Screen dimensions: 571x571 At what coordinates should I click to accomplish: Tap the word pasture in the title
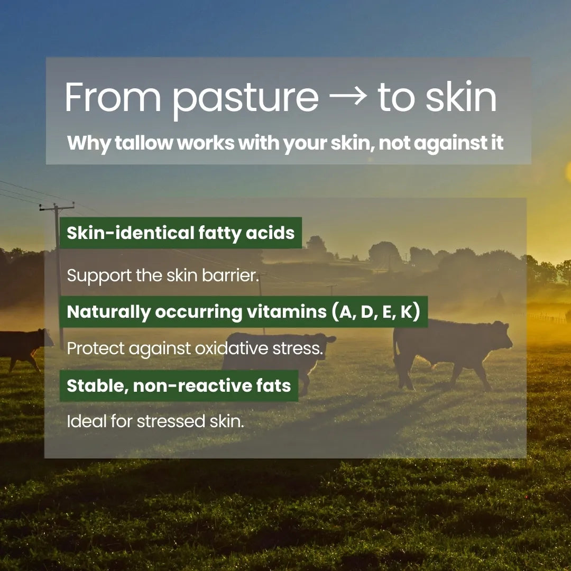tap(245, 99)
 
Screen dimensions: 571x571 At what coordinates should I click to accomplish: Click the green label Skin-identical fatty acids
tap(181, 233)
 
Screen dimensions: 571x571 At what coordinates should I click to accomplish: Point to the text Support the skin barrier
tap(163, 275)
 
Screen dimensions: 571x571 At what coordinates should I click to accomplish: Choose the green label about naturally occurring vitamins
tap(243, 312)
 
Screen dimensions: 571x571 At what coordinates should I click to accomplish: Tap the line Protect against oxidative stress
tap(194, 348)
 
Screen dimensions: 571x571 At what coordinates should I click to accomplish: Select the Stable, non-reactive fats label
tap(179, 385)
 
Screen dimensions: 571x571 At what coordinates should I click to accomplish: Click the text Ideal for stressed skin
tap(155, 421)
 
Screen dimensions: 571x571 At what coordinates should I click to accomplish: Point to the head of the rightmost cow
tap(500, 333)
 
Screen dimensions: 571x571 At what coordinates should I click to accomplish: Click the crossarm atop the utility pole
tap(57, 206)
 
